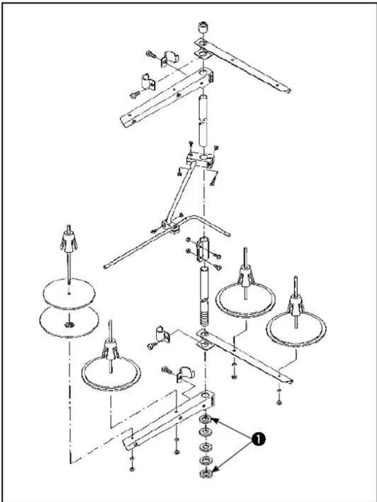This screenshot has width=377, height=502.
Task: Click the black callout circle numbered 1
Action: [258, 440]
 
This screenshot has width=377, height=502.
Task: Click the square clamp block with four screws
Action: [199, 159]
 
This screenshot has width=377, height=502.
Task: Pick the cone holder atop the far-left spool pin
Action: [69, 240]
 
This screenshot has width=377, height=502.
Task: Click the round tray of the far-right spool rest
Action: [296, 329]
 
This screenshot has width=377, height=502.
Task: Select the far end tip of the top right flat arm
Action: [288, 91]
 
